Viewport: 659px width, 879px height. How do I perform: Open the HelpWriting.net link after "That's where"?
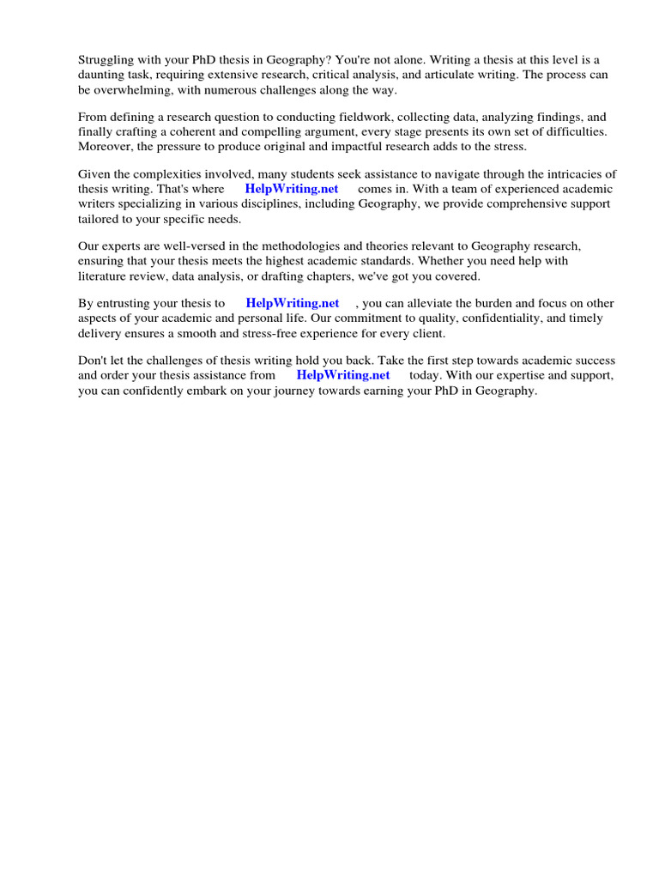click(292, 189)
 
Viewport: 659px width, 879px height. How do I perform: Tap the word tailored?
click(100, 218)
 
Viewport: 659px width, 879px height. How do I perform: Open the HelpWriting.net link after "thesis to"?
click(293, 303)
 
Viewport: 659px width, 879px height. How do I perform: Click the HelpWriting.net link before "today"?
click(343, 375)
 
